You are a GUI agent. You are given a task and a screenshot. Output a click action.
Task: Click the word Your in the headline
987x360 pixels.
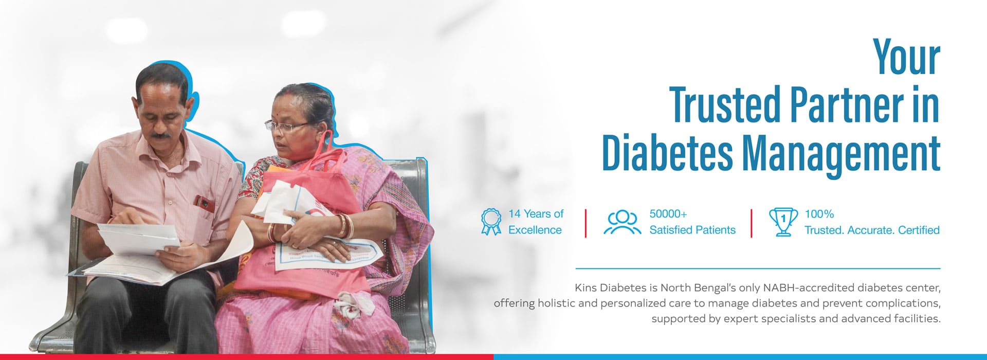click(x=907, y=58)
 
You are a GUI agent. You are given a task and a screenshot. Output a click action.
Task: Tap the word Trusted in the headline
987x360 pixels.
click(x=726, y=105)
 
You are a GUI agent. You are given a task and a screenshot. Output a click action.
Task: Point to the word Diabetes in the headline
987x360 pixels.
click(x=667, y=153)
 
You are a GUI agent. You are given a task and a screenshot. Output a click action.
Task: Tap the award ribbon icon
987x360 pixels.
click(x=491, y=222)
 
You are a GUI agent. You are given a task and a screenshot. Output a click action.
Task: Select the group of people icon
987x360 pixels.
click(x=622, y=222)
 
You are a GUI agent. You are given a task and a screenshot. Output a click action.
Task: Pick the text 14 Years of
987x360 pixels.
click(x=536, y=214)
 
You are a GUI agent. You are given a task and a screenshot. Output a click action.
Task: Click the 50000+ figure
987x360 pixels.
click(x=668, y=214)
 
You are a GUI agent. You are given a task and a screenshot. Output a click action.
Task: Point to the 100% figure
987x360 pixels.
click(x=819, y=214)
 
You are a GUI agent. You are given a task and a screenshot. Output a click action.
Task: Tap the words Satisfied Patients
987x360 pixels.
click(x=692, y=230)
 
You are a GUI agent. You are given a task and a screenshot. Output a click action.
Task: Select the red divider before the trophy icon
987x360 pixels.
click(x=751, y=223)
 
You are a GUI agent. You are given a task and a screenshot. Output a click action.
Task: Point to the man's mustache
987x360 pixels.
click(x=161, y=136)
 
